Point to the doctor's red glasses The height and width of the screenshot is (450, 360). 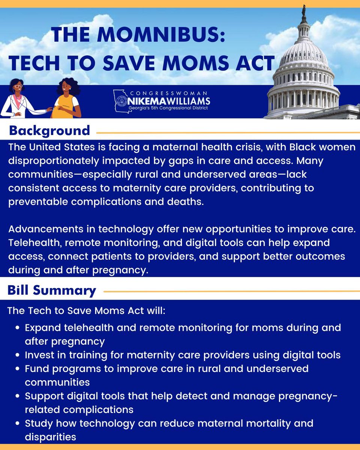18,86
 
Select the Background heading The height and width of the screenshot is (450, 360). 49,130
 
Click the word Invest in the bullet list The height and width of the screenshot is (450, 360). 38,355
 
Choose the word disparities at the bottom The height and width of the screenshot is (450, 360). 50,437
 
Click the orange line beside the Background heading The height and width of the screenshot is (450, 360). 225,132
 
